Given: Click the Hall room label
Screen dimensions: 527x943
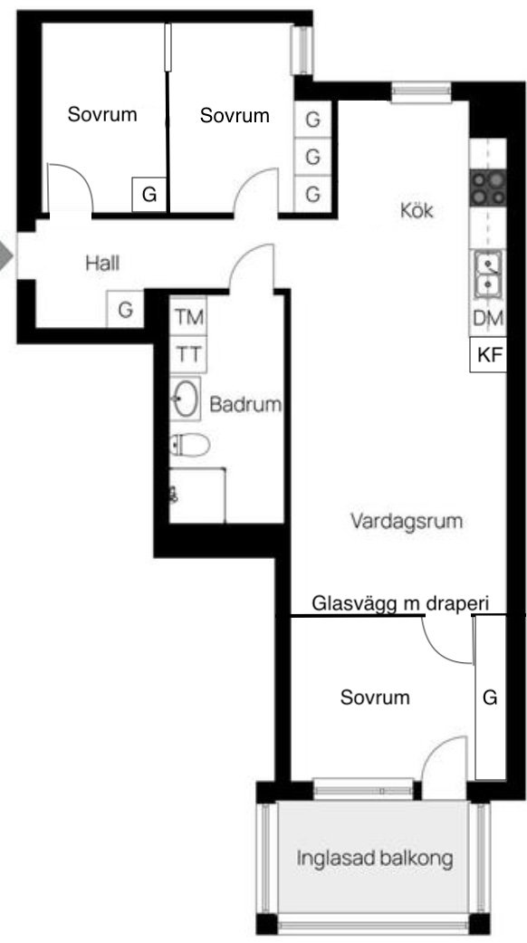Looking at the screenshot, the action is pos(102,263).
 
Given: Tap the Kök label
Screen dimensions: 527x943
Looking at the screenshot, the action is pos(417,210).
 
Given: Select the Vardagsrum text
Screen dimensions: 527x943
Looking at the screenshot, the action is pos(407,521).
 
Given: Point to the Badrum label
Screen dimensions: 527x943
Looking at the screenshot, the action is pos(245,404).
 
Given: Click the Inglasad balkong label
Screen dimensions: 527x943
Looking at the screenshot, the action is pos(374,858).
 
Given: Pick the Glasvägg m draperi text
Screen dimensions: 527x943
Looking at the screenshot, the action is pos(400,603).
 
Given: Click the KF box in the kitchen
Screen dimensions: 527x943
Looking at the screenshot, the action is pos(488,355).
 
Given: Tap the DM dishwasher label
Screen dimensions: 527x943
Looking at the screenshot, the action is pos(488,319).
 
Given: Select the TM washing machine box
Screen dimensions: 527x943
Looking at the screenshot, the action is pos(188,316).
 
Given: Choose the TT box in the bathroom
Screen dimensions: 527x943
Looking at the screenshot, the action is pos(188,354).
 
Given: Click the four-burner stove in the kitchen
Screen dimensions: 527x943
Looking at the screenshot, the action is pos(488,188).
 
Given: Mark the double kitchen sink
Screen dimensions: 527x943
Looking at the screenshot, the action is pos(488,274).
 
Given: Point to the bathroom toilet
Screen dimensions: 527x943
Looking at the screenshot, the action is pos(190,445).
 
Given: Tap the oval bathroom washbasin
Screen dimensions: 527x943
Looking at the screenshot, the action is pos(186,399).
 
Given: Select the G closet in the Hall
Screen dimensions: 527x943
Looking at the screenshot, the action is pos(125,309).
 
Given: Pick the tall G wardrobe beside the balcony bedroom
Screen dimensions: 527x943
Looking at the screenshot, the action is pos(491,698).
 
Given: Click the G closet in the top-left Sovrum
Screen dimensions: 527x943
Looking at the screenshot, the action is pos(149,194).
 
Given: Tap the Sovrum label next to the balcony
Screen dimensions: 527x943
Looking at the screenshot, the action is pos(375,697).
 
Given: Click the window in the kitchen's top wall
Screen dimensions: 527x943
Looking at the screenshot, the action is pos(421,92).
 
